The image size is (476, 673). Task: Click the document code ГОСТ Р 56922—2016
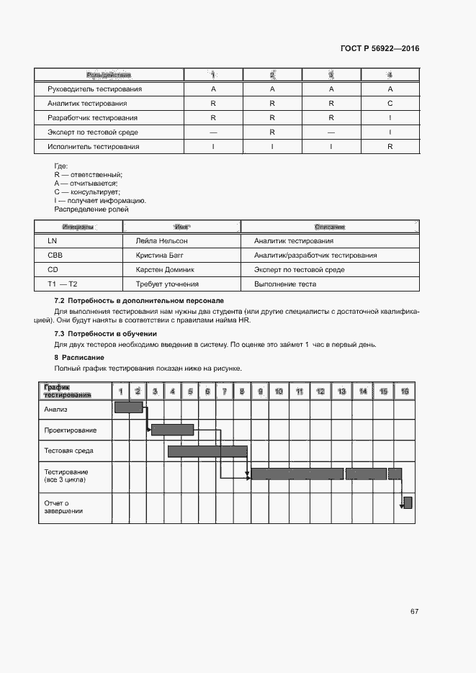click(379, 48)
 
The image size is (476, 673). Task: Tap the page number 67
click(414, 611)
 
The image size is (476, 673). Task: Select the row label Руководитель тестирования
click(94, 89)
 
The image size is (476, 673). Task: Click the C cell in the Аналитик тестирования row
click(390, 104)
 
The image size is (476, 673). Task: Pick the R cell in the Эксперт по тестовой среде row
click(272, 132)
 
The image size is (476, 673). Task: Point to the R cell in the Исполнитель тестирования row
click(390, 147)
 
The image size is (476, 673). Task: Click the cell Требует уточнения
click(163, 284)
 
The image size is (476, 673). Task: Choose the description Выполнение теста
click(285, 284)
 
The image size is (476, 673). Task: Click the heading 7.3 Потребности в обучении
click(106, 334)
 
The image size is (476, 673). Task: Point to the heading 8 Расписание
click(79, 357)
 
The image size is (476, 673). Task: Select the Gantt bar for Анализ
click(129, 407)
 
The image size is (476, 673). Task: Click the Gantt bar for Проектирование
click(173, 430)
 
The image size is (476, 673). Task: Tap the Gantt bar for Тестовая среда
click(207, 451)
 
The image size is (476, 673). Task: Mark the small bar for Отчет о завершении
click(408, 502)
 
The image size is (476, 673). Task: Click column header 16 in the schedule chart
click(405, 391)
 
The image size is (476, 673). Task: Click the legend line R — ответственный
click(89, 175)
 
